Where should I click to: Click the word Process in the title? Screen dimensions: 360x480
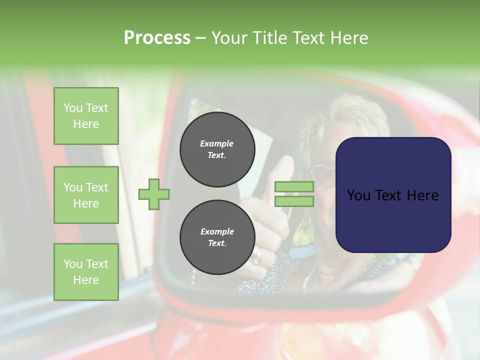point(157,37)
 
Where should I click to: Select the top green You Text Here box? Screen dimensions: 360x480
point(86,116)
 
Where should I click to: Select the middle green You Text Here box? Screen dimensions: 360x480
point(86,195)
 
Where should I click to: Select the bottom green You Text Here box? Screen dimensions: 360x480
point(86,272)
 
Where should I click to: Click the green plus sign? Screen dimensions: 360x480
point(154,194)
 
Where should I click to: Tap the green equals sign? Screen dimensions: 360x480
point(294,194)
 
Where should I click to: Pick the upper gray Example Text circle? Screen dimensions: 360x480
point(217,149)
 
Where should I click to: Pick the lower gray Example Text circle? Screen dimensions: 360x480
point(217,237)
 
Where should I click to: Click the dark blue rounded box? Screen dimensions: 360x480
point(393,195)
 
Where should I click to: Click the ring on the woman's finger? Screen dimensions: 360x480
point(256,256)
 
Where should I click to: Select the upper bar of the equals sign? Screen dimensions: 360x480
point(294,187)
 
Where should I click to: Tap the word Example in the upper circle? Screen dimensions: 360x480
point(217,143)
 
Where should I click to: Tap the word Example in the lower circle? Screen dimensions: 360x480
point(217,231)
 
